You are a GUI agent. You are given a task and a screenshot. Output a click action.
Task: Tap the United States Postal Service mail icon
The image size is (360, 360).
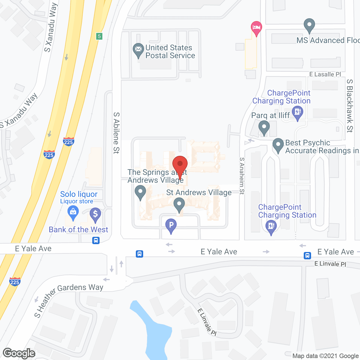pos(138,49)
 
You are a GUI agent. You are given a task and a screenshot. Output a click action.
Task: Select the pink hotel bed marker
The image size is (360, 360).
pos(256,28)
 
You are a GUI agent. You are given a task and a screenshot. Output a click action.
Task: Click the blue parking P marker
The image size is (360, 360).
pos(171,225)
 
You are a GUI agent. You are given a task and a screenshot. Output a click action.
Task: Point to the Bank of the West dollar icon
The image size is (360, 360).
pos(95,214)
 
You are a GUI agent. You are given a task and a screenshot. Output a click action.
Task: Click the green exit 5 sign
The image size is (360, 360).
pos(99,36)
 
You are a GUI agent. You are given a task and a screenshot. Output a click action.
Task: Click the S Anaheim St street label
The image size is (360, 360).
pos(242,176)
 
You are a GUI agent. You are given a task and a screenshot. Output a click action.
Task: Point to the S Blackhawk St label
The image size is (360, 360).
pos(350,105)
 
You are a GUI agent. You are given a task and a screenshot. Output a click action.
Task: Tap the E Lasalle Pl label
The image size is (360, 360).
pos(325,74)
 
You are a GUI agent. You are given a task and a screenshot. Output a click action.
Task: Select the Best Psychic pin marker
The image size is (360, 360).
pos(278,145)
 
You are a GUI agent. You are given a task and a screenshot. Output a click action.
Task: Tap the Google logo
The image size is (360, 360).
pos(19,353)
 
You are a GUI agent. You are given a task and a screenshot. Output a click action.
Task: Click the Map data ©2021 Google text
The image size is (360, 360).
pos(326,356)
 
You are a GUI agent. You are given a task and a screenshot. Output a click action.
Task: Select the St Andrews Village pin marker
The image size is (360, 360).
pos(179,204)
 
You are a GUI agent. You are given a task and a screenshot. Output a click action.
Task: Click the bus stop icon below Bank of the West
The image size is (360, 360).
pos(96,240)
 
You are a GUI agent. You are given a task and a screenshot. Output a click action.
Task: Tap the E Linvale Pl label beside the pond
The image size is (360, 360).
pos(207,322)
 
